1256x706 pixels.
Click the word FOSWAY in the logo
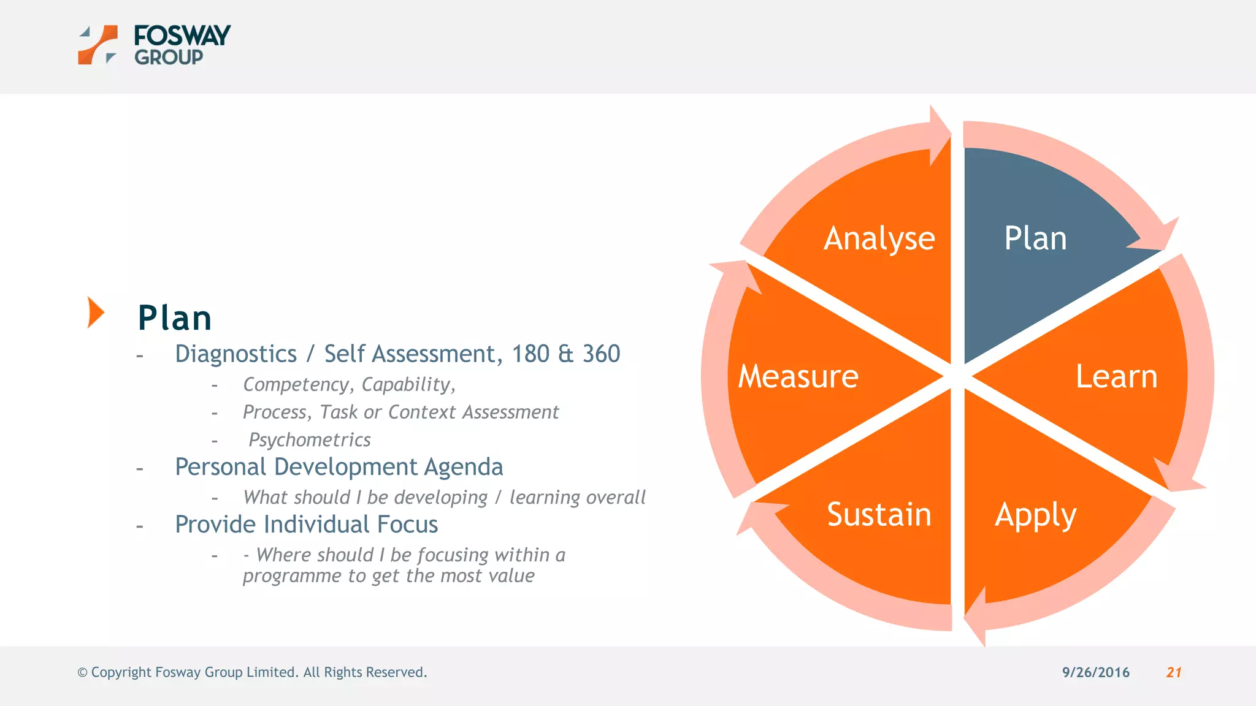coord(182,36)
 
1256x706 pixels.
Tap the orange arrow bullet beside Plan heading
coord(95,313)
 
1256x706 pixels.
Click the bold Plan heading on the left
coord(175,318)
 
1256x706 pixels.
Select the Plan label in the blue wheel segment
coord(1035,238)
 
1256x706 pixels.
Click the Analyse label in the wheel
coord(879,238)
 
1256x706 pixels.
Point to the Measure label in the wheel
coord(798,376)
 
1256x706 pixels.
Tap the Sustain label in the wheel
coord(879,514)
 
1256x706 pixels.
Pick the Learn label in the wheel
coord(1116,376)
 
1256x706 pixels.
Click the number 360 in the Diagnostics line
coord(601,354)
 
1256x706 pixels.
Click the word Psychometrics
coord(310,440)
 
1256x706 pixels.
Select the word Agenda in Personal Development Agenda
coord(463,468)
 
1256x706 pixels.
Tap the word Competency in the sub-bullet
coord(296,385)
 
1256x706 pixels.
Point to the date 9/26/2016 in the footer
coord(1095,672)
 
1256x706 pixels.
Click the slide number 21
coord(1174,672)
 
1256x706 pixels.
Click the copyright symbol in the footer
coord(82,673)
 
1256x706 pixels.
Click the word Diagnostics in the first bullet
coord(235,354)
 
